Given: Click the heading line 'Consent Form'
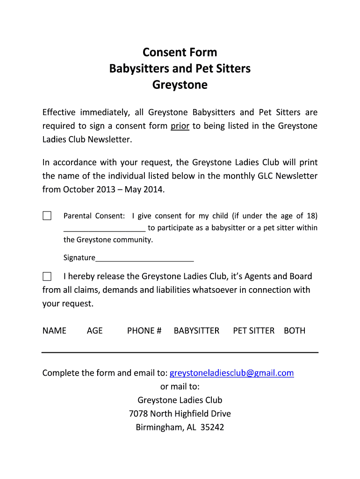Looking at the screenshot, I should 180,51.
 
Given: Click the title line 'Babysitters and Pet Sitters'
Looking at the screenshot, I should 180,68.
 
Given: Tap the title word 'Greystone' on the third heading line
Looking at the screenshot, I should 180,85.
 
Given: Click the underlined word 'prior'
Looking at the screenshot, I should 180,126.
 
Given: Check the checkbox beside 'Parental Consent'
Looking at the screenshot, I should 47,216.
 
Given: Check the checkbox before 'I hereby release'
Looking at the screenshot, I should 47,276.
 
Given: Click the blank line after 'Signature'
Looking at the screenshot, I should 144,258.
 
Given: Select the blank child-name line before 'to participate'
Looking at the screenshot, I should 104,228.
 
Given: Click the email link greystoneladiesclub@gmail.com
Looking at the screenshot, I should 231,373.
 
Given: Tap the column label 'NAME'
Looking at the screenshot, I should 54,331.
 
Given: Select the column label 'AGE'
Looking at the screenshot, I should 94,331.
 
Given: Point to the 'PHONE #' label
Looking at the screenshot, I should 144,331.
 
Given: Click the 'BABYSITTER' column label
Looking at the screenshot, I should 196,331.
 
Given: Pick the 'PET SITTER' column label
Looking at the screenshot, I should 254,331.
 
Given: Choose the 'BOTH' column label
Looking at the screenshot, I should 295,331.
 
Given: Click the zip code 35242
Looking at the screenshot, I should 212,427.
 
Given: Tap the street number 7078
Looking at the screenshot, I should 138,414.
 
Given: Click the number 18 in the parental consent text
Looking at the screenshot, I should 312,216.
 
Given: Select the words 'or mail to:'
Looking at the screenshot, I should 180,386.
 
